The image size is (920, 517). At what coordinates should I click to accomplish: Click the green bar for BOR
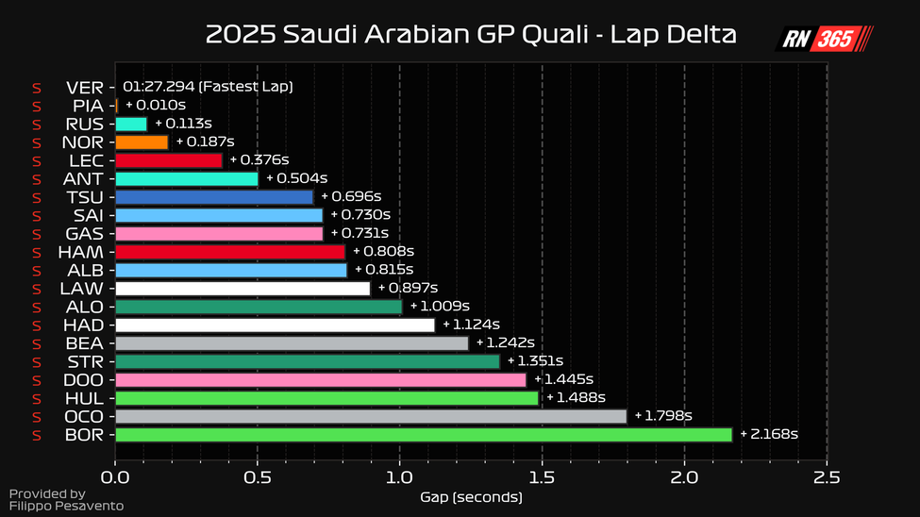(423, 434)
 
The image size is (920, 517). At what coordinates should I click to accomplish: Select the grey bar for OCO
(370, 416)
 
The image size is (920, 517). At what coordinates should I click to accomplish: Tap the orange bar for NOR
(142, 142)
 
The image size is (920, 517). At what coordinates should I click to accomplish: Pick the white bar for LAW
(243, 288)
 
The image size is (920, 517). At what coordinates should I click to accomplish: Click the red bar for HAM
(230, 252)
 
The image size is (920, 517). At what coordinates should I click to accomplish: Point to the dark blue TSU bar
(214, 197)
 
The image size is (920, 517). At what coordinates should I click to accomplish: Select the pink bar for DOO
(320, 379)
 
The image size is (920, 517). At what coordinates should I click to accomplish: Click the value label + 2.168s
(769, 434)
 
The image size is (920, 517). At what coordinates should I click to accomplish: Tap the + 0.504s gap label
(296, 178)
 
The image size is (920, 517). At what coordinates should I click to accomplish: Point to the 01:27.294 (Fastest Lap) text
(208, 87)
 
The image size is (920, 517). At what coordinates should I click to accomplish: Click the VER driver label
(85, 87)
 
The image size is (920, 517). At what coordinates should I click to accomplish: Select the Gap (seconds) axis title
(471, 496)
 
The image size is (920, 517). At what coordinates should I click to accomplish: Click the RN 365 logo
(824, 39)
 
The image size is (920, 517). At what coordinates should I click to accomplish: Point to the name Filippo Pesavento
(66, 507)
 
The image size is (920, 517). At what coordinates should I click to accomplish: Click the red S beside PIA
(37, 106)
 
